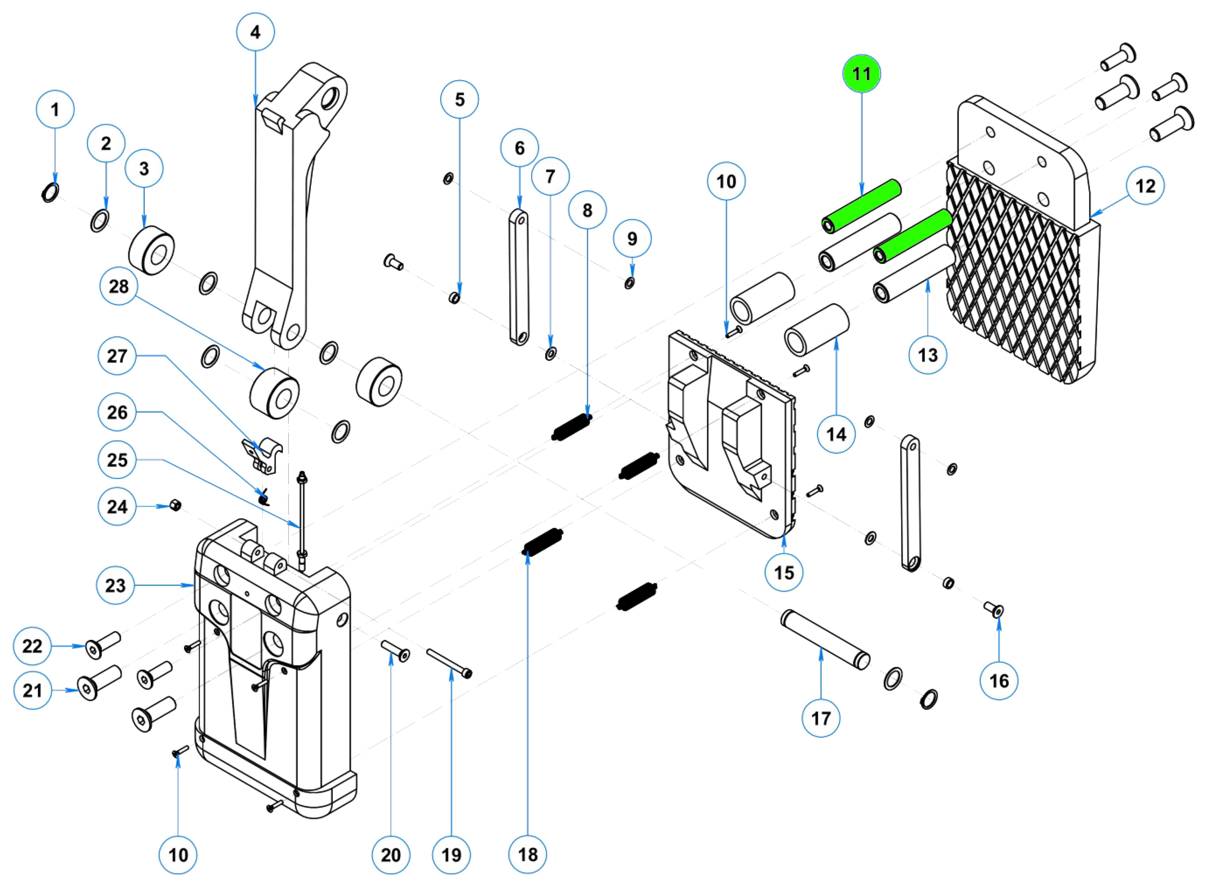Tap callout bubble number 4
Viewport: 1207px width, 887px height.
(256, 32)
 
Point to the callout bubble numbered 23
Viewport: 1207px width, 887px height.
(115, 585)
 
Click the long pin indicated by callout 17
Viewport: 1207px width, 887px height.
(824, 639)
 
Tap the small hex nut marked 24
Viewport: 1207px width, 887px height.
(174, 505)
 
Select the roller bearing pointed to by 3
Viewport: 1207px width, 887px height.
(152, 250)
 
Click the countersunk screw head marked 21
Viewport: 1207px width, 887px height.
(87, 687)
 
